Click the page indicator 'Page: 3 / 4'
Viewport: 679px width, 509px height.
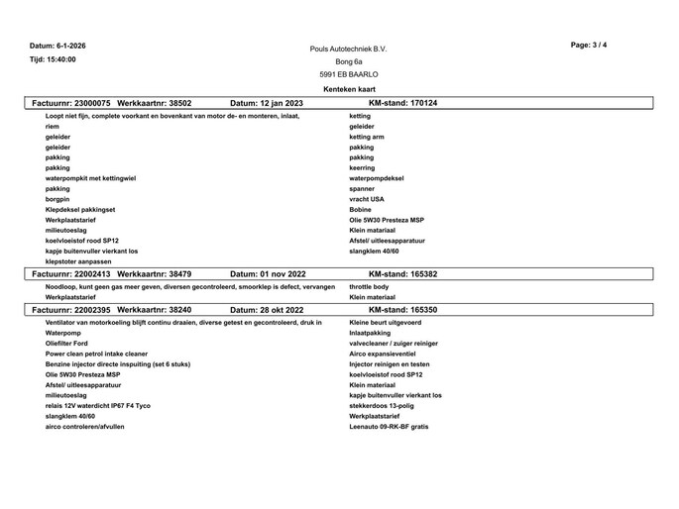590,46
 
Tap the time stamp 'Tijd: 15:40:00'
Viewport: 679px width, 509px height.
53,59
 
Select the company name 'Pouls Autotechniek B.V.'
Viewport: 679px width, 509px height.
349,49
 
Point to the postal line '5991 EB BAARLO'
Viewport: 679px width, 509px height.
349,74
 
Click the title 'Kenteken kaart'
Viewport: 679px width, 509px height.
349,89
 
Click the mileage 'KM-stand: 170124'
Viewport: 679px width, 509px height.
402,103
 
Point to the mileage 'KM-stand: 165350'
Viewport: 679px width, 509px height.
402,310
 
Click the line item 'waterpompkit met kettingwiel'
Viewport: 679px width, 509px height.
91,178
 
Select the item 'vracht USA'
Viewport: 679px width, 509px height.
367,198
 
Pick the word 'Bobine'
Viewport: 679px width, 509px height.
361,209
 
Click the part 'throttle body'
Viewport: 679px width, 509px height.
370,286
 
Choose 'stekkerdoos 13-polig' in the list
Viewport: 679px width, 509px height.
382,405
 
